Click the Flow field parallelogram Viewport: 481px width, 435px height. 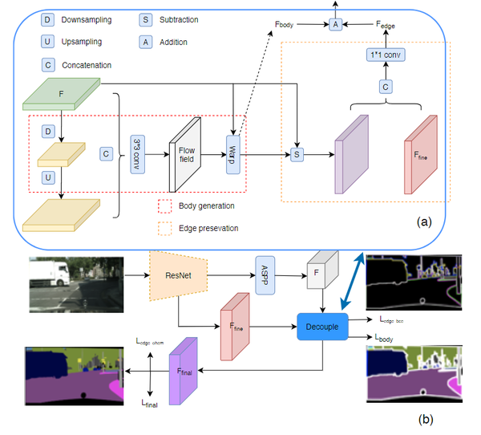[x=186, y=153]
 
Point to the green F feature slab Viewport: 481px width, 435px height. [x=63, y=93]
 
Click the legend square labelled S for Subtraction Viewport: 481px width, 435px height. [x=148, y=19]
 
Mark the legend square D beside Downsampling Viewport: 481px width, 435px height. [x=50, y=19]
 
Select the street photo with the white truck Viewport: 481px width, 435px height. [x=75, y=284]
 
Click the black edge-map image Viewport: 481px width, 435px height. [x=414, y=284]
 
